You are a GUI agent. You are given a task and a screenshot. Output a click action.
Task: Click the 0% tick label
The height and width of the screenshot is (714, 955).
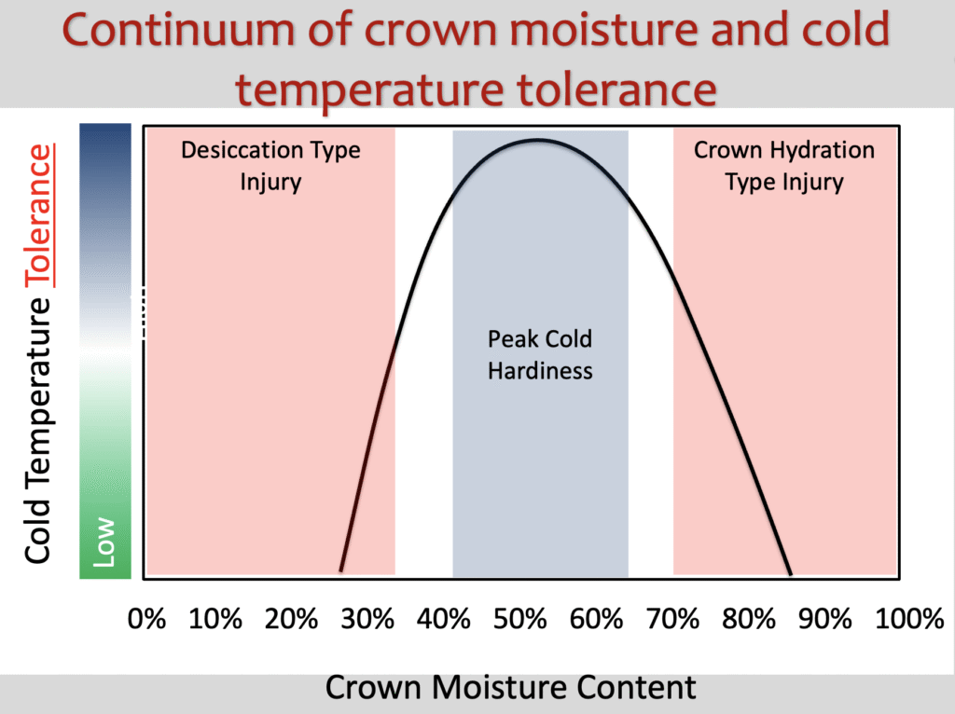146,619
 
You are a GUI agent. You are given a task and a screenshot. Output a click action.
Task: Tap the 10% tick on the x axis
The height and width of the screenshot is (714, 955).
215,619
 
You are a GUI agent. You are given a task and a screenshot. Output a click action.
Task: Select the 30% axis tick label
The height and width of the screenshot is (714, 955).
367,619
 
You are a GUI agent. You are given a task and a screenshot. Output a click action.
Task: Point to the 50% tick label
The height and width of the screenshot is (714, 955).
519,619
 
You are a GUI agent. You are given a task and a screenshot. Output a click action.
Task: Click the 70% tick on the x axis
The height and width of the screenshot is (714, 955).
672,619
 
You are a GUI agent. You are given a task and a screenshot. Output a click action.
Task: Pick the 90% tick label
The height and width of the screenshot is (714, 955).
824,619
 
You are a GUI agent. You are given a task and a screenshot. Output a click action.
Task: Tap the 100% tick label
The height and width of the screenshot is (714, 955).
909,619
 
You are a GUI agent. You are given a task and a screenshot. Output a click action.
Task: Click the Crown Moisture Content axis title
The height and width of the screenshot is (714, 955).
510,688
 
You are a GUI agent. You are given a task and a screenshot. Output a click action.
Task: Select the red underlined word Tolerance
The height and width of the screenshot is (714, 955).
39,215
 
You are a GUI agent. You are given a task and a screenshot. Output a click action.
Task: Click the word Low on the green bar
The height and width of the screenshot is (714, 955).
104,542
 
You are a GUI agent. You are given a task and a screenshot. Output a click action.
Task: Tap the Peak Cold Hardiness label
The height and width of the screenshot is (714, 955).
540,355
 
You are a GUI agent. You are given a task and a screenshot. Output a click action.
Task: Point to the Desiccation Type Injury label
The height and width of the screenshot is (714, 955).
270,166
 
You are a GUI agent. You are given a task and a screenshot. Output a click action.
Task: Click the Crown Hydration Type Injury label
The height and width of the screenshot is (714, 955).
784,166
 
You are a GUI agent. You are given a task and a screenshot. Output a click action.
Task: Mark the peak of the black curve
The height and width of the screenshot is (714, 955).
538,140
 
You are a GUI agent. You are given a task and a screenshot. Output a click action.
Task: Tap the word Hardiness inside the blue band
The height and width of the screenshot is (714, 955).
540,371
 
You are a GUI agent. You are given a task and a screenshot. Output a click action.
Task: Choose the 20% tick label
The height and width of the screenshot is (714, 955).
291,619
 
